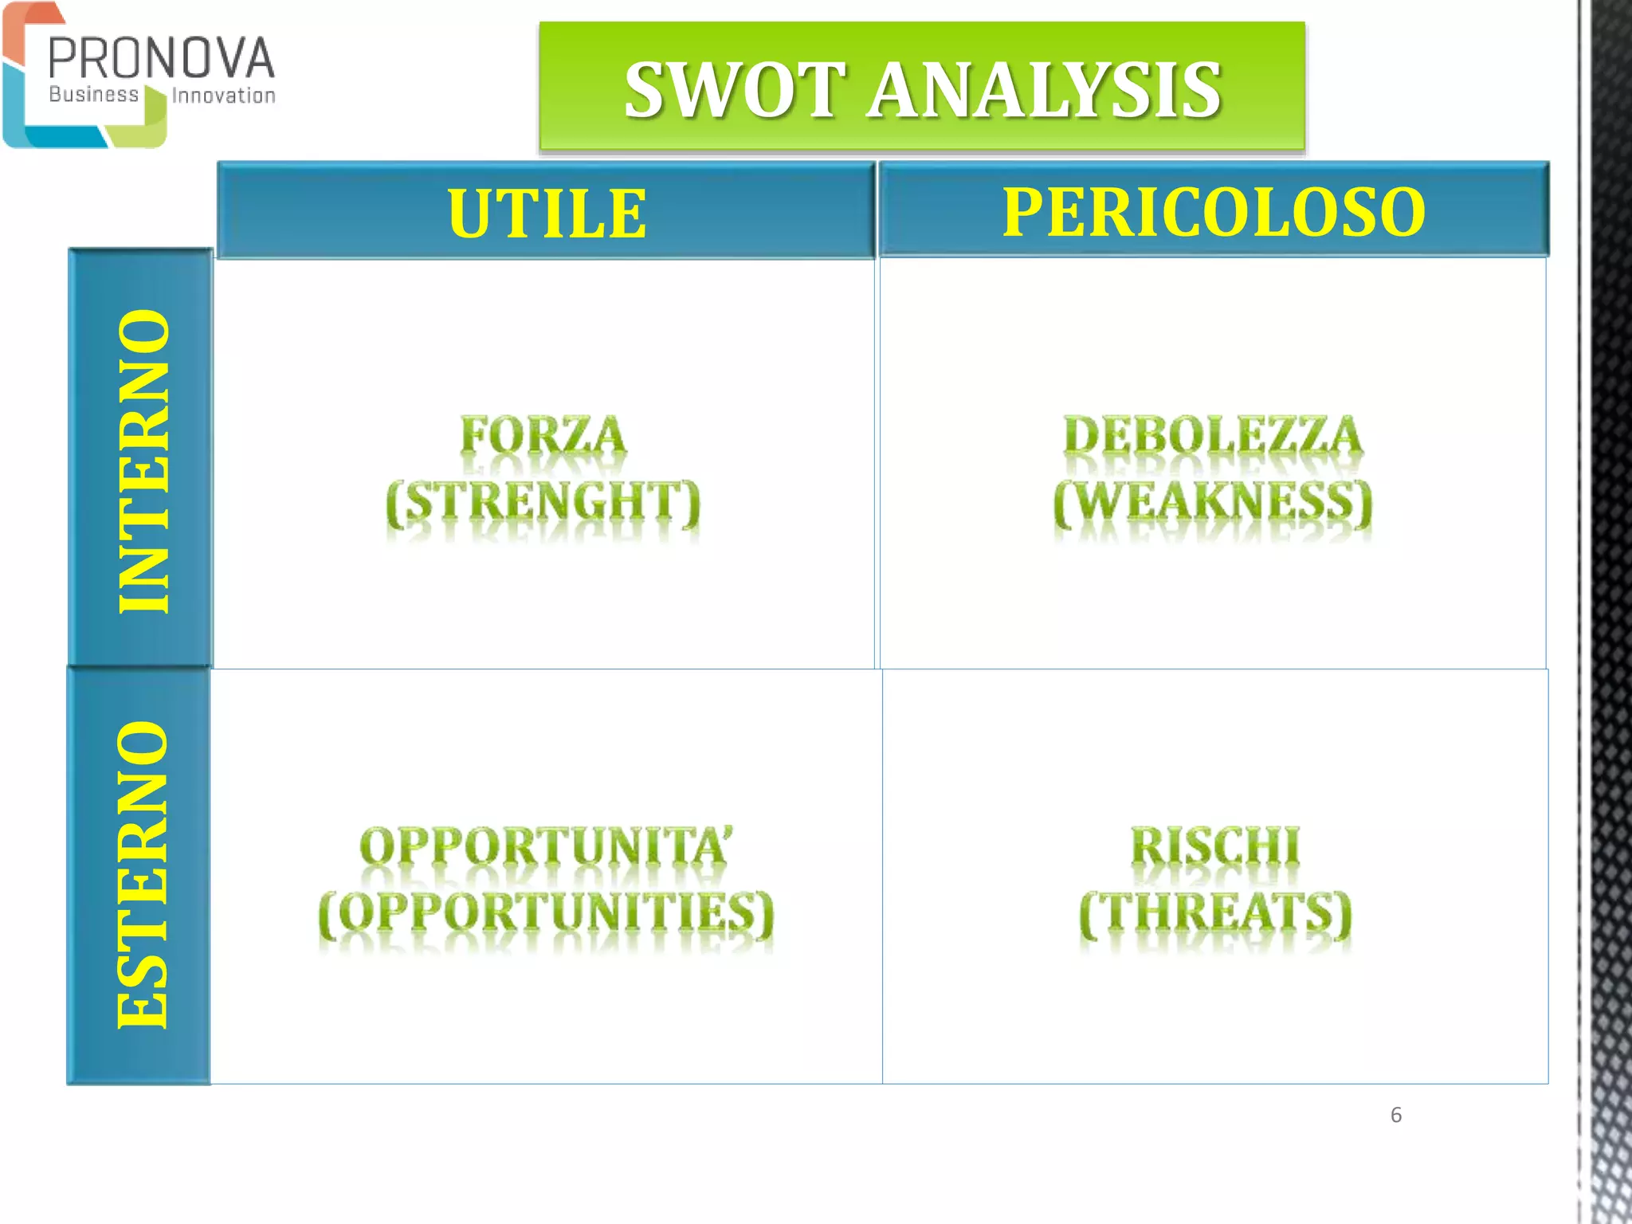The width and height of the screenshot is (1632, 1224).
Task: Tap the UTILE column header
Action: [x=547, y=213]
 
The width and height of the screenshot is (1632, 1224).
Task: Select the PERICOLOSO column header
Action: [x=1214, y=211]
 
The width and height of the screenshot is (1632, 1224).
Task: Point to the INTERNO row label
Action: [x=143, y=460]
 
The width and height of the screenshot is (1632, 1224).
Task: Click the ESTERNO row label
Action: [x=143, y=874]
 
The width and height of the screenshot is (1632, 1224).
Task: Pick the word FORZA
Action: [x=543, y=437]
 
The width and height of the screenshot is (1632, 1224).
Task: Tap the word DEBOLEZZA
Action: [x=1213, y=437]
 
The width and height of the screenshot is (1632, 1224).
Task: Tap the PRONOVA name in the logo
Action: [x=162, y=59]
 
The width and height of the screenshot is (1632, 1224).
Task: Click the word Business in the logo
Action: [x=93, y=95]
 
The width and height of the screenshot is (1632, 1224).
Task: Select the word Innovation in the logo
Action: [x=224, y=96]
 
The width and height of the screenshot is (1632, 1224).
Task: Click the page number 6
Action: [x=1395, y=1115]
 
